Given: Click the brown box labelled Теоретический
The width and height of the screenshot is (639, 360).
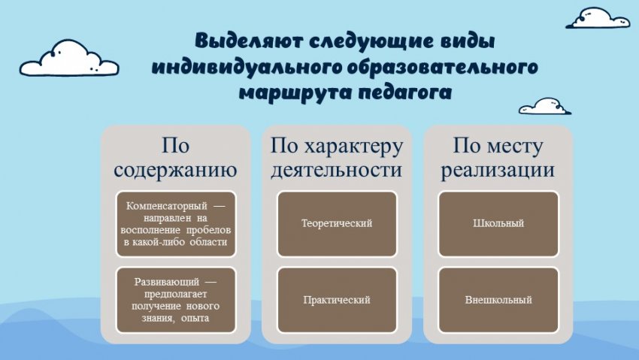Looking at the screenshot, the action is coord(337,224).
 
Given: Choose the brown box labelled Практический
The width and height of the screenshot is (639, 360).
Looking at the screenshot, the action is coord(337,300).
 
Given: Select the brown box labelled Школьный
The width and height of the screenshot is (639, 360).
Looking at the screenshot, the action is coord(498,224).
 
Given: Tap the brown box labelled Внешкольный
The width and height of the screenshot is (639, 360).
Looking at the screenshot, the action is coord(498,300).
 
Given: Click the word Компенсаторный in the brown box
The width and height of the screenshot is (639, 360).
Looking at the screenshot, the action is coord(167,206).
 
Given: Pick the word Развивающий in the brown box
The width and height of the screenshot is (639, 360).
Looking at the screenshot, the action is coord(167,282).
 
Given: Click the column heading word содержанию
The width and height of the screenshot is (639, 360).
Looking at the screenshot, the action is coord(175,170).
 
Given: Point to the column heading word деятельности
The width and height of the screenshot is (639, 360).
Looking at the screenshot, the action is coord(337,170).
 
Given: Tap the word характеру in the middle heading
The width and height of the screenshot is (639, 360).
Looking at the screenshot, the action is coord(354,147).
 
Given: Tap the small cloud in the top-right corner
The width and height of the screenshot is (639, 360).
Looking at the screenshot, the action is coord(598,18).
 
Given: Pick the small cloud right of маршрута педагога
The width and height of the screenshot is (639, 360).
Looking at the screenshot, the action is coord(545,106).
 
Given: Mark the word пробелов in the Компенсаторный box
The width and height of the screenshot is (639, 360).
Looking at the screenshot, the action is coord(208,230).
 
